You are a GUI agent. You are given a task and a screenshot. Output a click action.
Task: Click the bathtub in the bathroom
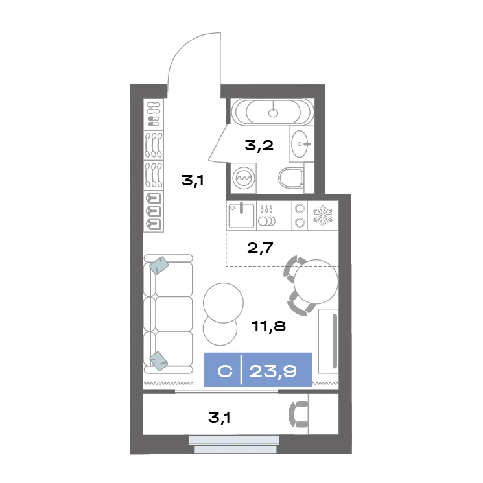coord(272,112)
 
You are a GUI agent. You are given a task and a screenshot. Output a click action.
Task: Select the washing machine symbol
coord(244,178)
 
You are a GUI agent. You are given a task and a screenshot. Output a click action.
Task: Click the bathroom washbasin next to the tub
coord(301,143)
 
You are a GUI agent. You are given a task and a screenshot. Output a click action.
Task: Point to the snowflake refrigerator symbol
coord(323,216)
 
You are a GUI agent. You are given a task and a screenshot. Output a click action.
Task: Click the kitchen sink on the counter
coord(241,216)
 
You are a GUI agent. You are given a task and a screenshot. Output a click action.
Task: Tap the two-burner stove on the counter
coord(300,215)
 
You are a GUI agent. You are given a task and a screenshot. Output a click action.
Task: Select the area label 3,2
coord(259,145)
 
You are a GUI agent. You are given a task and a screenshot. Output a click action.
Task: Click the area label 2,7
coord(260,248)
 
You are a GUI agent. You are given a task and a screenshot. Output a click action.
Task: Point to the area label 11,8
coord(268,326)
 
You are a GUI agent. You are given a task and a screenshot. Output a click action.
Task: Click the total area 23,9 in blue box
coord(273,371)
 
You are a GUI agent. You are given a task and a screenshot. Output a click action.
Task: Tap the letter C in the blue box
coord(225,371)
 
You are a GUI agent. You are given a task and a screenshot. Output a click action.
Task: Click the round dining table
coord(316,281)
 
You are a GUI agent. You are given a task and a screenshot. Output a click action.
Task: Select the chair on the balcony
coord(298,414)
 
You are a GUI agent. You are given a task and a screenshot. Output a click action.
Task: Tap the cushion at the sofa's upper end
coord(159,265)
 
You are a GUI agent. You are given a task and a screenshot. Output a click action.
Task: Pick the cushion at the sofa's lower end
coord(159,361)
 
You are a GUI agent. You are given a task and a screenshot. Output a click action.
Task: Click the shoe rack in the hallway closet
coord(154,114)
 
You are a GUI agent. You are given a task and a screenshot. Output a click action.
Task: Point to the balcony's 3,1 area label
coord(219,418)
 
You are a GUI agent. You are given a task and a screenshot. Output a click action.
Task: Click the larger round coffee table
coord(223,303)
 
